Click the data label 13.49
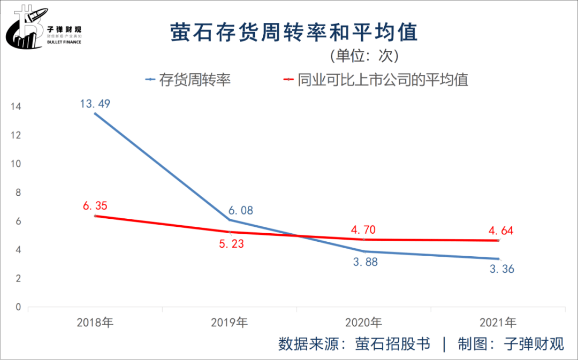point(95,104)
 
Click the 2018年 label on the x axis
point(95,323)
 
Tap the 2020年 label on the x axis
point(363,323)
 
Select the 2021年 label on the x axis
point(498,323)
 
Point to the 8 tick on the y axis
point(18,193)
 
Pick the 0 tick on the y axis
point(18,308)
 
